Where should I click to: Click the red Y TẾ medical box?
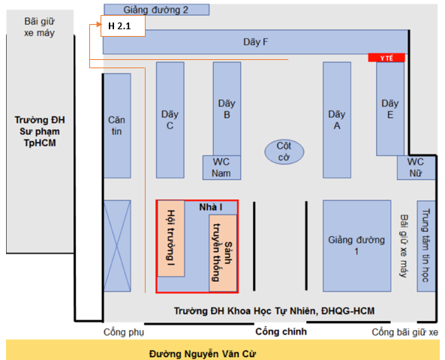pyautogui.click(x=386, y=58)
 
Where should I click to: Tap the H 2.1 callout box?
pyautogui.click(x=123, y=25)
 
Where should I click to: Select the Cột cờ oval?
pyautogui.click(x=284, y=151)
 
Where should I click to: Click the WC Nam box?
pyautogui.click(x=221, y=167)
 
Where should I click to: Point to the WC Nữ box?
pyautogui.click(x=416, y=167)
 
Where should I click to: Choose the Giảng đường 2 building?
pyautogui.click(x=157, y=10)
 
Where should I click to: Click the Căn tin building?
pyautogui.click(x=117, y=126)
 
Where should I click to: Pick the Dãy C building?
pyautogui.click(x=170, y=120)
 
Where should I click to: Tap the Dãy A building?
pyautogui.click(x=337, y=120)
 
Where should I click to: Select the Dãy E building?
pyautogui.click(x=390, y=109)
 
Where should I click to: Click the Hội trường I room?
pyautogui.click(x=171, y=238)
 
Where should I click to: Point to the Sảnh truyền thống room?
pyautogui.click(x=223, y=253)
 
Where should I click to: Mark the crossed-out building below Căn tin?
pyautogui.click(x=117, y=246)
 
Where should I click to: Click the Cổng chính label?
pyautogui.click(x=281, y=331)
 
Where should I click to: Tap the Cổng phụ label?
pyautogui.click(x=124, y=332)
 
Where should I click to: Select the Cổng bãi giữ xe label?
pyautogui.click(x=405, y=332)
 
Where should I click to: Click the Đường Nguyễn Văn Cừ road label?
pyautogui.click(x=203, y=354)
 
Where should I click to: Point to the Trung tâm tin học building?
pyautogui.click(x=426, y=246)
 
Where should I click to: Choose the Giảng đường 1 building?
pyautogui.click(x=356, y=246)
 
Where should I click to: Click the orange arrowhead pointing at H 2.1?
pyautogui.click(x=99, y=25)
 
